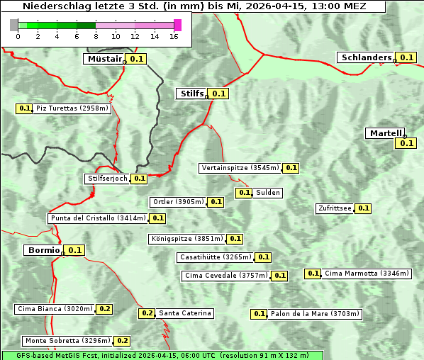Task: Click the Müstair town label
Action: [104, 59]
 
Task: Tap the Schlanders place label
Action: [366, 57]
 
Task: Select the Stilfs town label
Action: [191, 93]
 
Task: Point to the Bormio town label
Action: [43, 250]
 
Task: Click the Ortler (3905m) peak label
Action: [178, 202]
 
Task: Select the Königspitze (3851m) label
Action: [186, 239]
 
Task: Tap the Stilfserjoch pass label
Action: [107, 179]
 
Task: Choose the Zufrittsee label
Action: [335, 208]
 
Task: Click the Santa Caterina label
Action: [184, 313]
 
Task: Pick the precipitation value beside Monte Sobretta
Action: [123, 341]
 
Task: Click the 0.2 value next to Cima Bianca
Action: [104, 308]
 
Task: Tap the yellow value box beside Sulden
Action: [244, 193]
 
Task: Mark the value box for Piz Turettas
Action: [24, 108]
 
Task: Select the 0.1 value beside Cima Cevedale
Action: [279, 276]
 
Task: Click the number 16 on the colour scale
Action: [174, 37]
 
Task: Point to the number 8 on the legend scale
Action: [96, 37]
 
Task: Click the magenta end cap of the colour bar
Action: [177, 26]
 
